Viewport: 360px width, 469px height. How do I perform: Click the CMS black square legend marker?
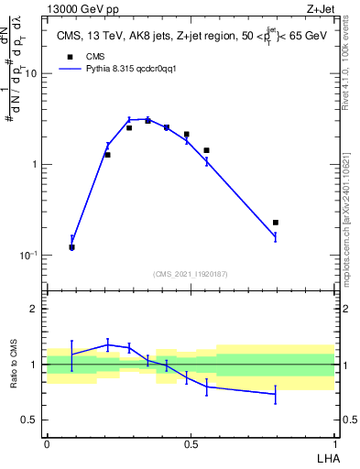[70, 56]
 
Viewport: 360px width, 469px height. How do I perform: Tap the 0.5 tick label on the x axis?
[191, 443]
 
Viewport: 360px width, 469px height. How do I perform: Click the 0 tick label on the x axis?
[47, 443]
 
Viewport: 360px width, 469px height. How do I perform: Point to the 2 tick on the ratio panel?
[38, 310]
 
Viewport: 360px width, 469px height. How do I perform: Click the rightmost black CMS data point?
[276, 223]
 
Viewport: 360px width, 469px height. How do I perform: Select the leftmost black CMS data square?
[71, 247]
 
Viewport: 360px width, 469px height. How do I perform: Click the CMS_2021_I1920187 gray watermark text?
[191, 274]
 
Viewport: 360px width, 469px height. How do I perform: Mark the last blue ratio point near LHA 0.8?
[276, 394]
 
